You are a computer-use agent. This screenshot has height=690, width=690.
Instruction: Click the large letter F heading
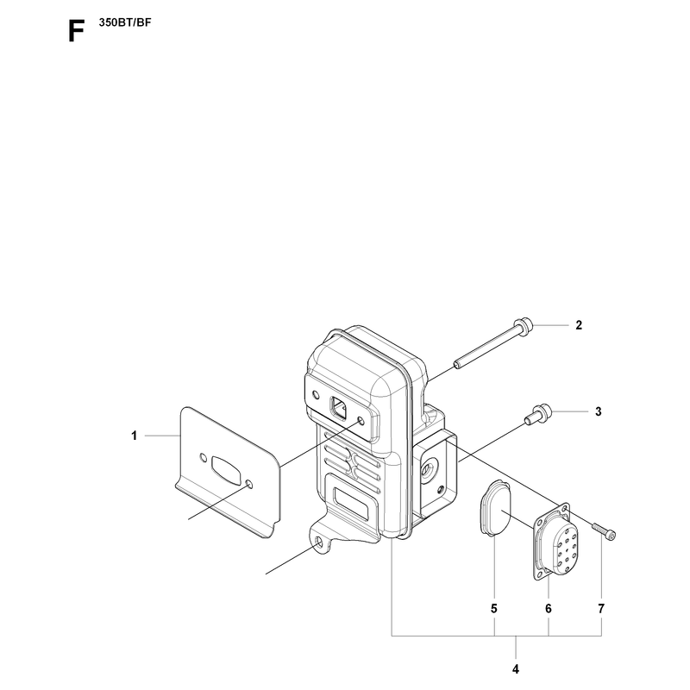(76, 32)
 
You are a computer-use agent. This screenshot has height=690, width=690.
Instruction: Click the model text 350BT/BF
(125, 23)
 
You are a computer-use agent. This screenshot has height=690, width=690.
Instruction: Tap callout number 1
(135, 436)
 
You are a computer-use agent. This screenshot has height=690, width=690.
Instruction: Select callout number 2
(579, 325)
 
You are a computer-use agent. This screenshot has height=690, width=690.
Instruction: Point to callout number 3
(598, 412)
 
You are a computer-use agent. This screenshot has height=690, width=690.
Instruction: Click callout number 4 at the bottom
(516, 669)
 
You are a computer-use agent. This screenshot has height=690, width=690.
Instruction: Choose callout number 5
(494, 609)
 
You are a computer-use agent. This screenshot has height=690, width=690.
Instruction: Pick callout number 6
(549, 609)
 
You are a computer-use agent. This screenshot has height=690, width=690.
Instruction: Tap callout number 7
(601, 609)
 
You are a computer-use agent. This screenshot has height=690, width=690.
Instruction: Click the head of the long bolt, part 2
(524, 326)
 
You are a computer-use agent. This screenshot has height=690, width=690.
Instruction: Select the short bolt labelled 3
(538, 414)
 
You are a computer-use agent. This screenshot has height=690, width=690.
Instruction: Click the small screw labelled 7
(604, 530)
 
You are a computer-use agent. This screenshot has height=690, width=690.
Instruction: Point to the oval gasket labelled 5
(495, 508)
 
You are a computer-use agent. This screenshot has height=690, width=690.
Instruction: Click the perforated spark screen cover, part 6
(555, 543)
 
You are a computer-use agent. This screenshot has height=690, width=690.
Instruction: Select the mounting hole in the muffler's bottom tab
(317, 542)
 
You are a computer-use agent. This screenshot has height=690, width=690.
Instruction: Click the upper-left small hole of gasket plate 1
(203, 457)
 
